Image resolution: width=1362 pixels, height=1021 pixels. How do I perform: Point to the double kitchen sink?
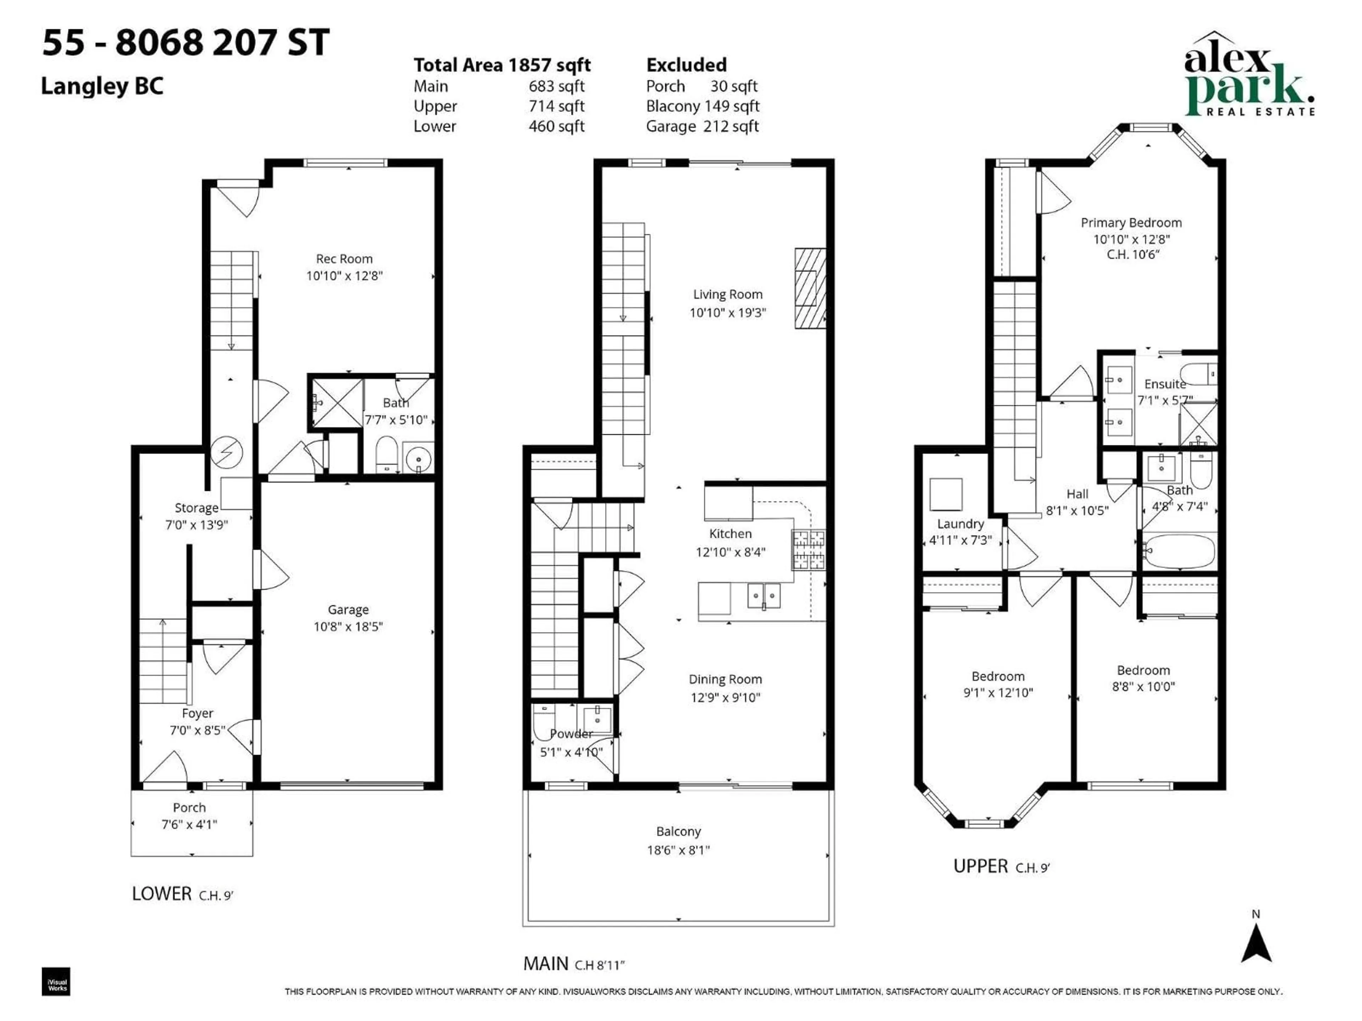click(x=764, y=596)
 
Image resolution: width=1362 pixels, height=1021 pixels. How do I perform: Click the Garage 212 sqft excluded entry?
click(x=702, y=126)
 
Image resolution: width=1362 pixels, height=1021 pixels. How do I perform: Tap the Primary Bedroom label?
click(x=1131, y=223)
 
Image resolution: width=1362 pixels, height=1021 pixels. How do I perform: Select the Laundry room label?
click(x=960, y=524)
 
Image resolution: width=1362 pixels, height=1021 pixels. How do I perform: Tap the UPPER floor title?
click(x=980, y=866)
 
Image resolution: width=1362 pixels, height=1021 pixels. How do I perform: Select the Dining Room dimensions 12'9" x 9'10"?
click(x=725, y=697)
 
